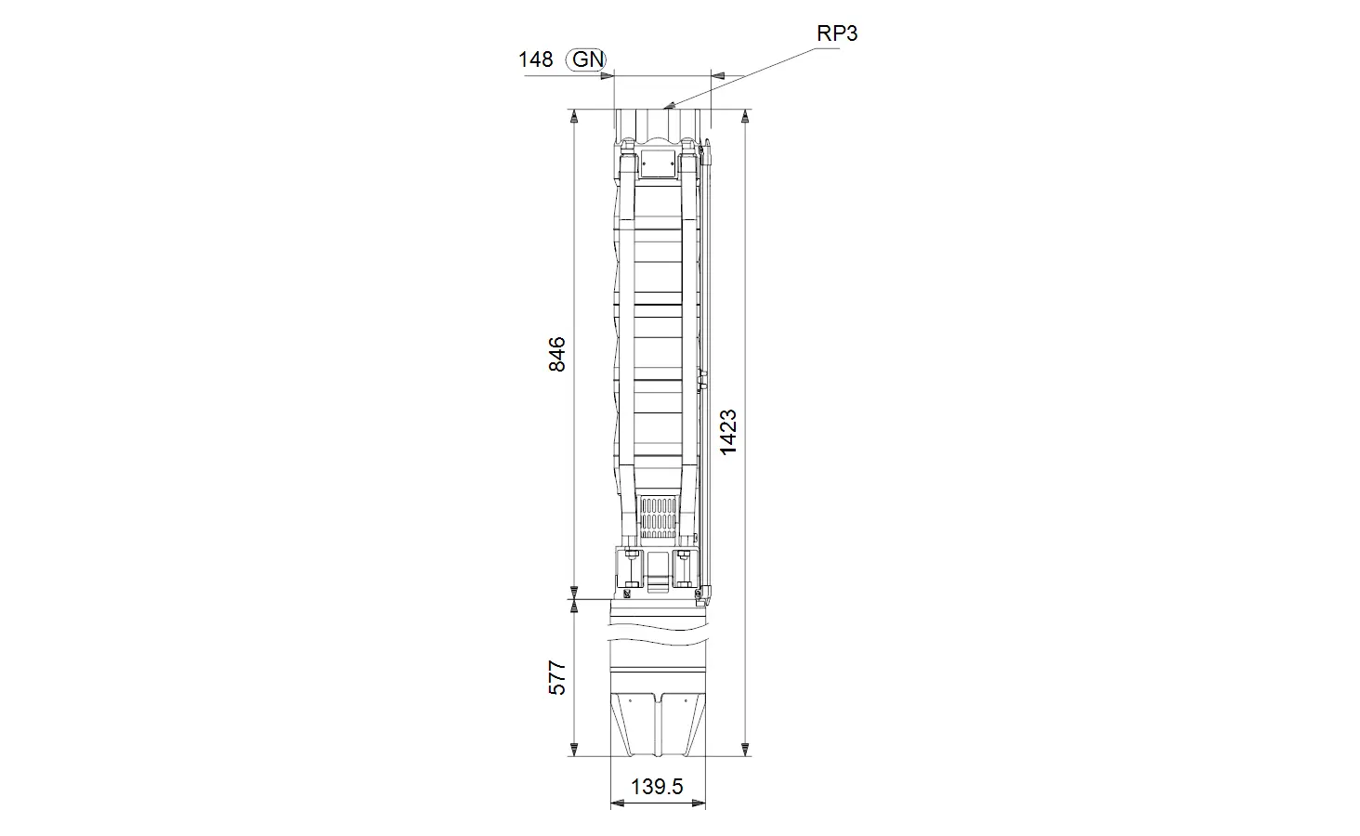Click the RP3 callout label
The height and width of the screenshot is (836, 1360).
837,33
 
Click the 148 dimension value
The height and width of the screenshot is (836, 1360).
535,59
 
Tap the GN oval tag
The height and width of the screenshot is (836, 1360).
586,59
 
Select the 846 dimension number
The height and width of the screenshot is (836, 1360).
556,355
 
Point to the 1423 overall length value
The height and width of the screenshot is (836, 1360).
728,432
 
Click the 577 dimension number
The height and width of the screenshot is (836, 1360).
556,677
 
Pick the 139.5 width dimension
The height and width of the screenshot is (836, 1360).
657,787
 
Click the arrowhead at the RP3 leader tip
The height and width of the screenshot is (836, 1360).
669,106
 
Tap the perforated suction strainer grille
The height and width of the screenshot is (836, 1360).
659,518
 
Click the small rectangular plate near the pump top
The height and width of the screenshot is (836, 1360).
658,163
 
